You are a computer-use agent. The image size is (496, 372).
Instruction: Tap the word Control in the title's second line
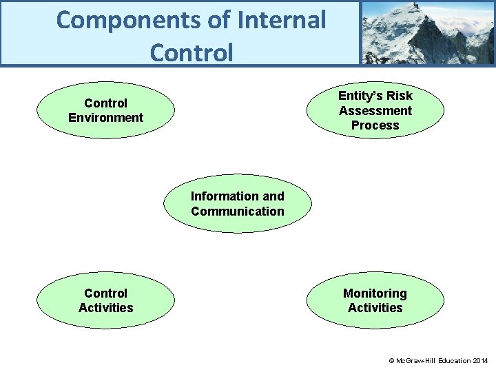pos(191,52)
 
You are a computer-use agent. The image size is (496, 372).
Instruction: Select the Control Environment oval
pos(105,110)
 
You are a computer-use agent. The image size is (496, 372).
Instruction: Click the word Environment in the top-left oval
pos(105,118)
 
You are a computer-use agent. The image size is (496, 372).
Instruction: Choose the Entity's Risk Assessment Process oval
pos(375,110)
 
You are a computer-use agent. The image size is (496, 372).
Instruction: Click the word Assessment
pos(375,111)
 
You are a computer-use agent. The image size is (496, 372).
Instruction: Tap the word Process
pos(375,125)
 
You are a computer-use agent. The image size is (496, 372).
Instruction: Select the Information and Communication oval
pos(237,204)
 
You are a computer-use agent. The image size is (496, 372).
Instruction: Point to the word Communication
pos(237,211)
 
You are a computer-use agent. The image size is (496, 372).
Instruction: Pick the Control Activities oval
pos(105,300)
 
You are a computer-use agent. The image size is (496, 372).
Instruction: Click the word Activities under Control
pos(105,308)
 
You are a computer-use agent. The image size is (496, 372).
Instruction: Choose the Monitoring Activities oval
pos(375,300)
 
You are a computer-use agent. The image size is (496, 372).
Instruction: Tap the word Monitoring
pos(375,293)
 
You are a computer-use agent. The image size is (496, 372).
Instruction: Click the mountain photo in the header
pos(427,32)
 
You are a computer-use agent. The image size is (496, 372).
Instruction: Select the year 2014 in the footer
pos(480,361)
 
